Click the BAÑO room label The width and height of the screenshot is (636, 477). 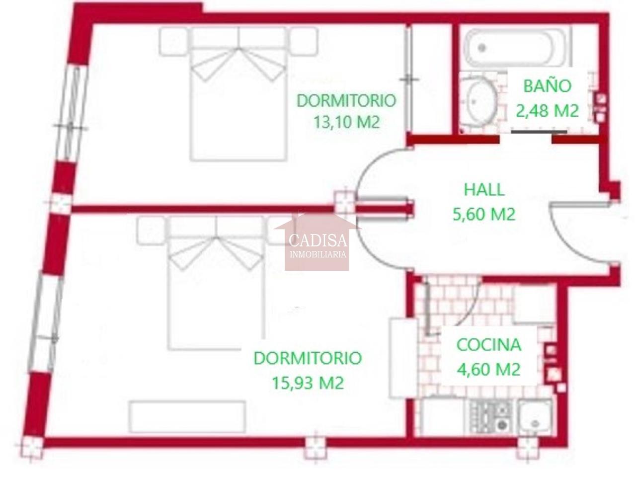(548, 86)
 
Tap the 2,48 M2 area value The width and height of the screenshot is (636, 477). (548, 111)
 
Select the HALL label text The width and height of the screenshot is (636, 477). (484, 190)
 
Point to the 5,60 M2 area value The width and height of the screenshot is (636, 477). (484, 215)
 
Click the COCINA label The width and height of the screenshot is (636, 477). (489, 345)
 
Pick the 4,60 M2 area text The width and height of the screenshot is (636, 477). (489, 370)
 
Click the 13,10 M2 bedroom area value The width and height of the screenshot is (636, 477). (346, 122)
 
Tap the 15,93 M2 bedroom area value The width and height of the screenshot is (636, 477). (308, 383)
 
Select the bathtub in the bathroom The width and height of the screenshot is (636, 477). (514, 48)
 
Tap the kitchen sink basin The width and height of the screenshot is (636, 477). (534, 417)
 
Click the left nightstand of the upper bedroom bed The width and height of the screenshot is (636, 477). (173, 41)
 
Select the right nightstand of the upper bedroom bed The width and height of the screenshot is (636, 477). (304, 41)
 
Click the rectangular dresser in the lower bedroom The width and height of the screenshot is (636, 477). (187, 417)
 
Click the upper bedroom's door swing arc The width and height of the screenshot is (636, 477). (366, 168)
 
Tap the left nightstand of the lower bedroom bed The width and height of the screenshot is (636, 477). (151, 231)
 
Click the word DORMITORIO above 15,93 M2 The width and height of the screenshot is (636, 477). (308, 358)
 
